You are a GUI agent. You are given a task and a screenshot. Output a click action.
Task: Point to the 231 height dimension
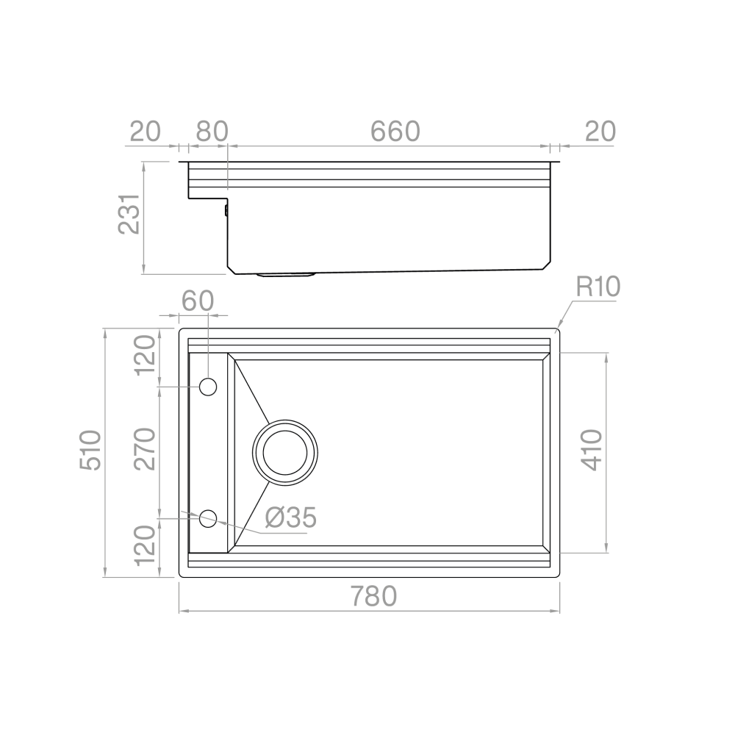click(x=129, y=214)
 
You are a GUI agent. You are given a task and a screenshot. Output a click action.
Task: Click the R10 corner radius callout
click(x=598, y=287)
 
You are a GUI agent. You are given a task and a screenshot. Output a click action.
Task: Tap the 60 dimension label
click(x=197, y=301)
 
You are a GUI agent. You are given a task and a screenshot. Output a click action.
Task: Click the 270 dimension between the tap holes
click(x=146, y=449)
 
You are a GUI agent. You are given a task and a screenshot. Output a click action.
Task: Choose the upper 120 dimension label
click(x=146, y=354)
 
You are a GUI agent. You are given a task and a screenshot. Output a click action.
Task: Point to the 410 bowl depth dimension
click(x=592, y=450)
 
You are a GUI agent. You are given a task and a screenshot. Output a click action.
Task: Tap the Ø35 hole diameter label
click(x=290, y=518)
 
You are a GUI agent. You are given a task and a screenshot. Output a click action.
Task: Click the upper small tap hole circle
click(x=208, y=387)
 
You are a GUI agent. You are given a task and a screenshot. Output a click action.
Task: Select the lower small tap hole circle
click(x=208, y=518)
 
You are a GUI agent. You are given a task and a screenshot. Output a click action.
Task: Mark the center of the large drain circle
click(x=285, y=451)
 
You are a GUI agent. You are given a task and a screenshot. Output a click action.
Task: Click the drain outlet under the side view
click(x=286, y=275)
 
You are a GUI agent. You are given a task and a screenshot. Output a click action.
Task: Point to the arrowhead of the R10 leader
click(x=558, y=327)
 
